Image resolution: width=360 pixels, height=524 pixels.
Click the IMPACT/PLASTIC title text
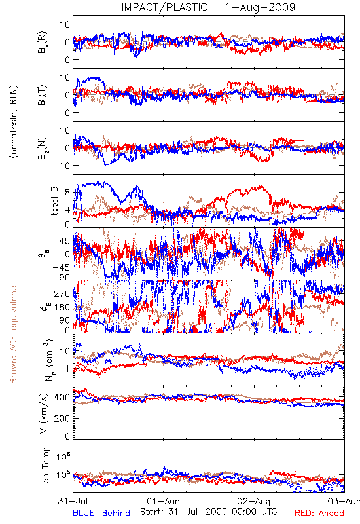click(x=164, y=7)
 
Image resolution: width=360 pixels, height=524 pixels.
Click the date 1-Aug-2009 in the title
click(x=260, y=7)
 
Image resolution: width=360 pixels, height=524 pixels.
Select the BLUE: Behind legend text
click(x=101, y=513)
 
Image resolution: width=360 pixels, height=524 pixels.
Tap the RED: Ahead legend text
click(x=319, y=513)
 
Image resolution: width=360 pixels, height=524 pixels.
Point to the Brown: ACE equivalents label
click(x=13, y=333)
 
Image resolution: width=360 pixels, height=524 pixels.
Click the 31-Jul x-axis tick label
click(x=73, y=501)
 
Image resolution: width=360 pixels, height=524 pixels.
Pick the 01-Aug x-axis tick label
click(x=163, y=501)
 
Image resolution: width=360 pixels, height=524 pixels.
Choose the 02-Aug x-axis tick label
click(x=254, y=501)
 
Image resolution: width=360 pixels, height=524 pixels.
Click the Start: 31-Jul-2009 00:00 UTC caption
click(x=209, y=512)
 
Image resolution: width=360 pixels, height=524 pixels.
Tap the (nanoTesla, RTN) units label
click(x=14, y=122)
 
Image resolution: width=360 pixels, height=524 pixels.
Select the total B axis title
click(x=54, y=201)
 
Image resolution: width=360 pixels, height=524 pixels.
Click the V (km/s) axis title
click(x=44, y=414)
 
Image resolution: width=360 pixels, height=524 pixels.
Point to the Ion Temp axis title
click(x=45, y=466)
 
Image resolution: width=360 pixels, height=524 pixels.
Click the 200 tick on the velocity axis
click(x=62, y=418)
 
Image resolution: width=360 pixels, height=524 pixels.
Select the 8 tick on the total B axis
click(x=68, y=192)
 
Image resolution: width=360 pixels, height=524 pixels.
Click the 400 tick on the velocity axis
click(x=62, y=397)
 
